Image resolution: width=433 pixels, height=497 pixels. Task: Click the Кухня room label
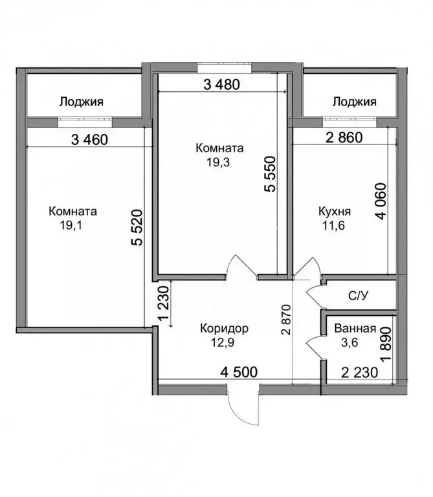tap(335, 212)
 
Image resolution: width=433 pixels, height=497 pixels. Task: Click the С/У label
tap(359, 296)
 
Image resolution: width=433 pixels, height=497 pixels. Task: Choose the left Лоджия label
tap(82, 102)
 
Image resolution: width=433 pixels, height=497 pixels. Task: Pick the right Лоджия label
tap(354, 102)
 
